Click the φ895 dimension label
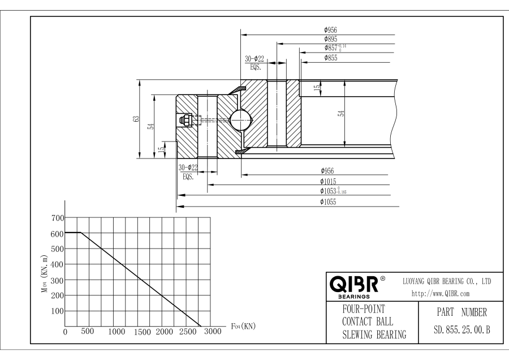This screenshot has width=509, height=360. [330, 39]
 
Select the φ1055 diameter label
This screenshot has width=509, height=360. [328, 202]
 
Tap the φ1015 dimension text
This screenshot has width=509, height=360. [328, 181]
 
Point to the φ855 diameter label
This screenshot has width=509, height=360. [330, 58]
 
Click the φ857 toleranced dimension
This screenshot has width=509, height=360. [335, 48]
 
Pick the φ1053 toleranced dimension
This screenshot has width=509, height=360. [333, 191]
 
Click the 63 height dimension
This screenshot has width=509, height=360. [136, 119]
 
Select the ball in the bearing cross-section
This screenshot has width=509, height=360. [240, 120]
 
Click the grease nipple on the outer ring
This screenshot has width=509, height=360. [186, 119]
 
